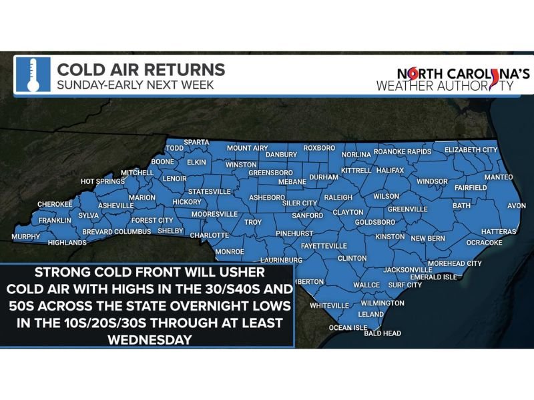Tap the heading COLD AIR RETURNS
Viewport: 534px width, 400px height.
[140, 69]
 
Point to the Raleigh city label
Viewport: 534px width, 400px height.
[338, 197]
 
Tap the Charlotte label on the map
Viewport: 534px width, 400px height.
[210, 235]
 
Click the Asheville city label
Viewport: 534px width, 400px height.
[116, 206]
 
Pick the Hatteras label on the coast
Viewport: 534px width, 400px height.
[499, 231]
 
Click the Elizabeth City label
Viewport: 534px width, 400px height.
[471, 150]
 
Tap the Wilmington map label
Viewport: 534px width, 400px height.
[382, 303]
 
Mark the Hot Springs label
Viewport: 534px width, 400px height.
[103, 181]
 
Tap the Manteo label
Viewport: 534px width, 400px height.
[498, 177]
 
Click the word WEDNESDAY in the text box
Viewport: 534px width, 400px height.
[148, 339]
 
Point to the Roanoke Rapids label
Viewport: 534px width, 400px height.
[403, 152]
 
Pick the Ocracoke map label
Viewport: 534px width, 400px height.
[484, 243]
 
